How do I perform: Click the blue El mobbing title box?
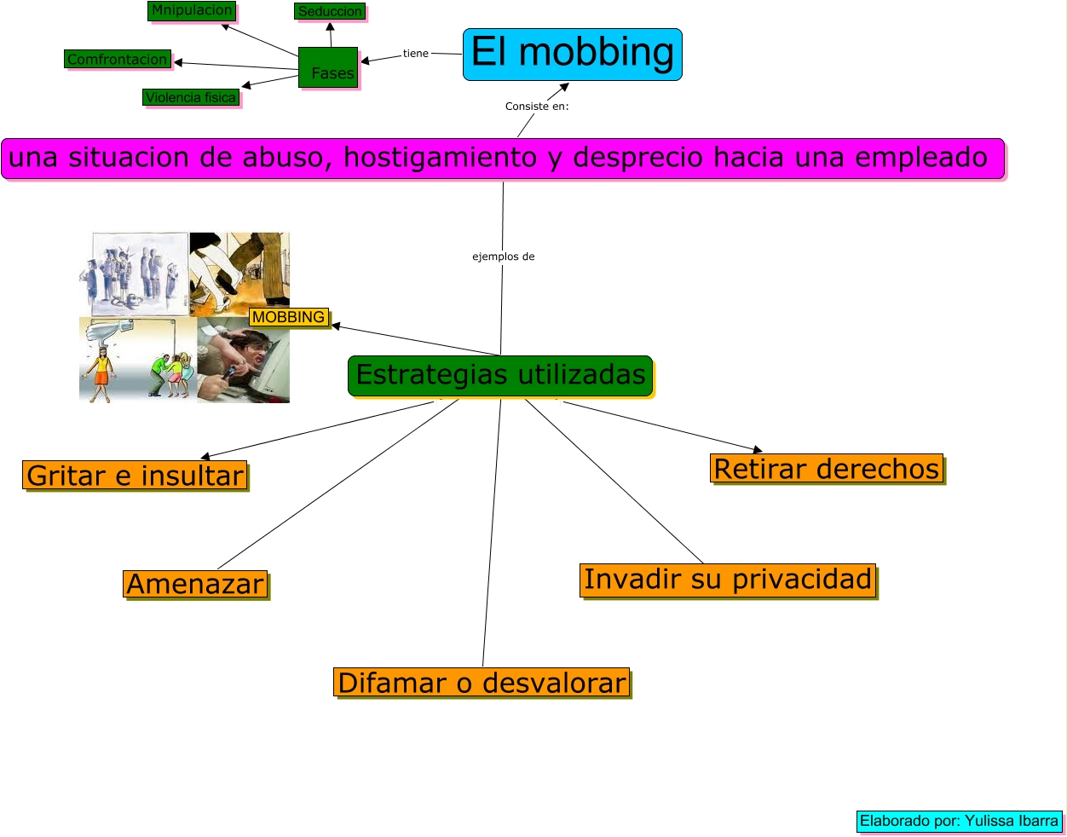pyautogui.click(x=572, y=54)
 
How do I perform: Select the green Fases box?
pyautogui.click(x=328, y=67)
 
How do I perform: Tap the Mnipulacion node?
pyautogui.click(x=192, y=11)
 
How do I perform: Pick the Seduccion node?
pyautogui.click(x=330, y=11)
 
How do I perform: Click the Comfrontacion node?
pyautogui.click(x=118, y=60)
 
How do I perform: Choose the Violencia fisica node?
pyautogui.click(x=190, y=97)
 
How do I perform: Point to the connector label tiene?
pyautogui.click(x=416, y=54)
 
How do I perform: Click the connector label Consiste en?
pyautogui.click(x=537, y=107)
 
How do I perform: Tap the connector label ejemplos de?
pyautogui.click(x=504, y=257)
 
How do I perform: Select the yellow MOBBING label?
pyautogui.click(x=288, y=317)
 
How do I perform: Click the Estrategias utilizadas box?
pyautogui.click(x=500, y=375)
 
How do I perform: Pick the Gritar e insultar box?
pyautogui.click(x=135, y=475)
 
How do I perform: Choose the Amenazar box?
pyautogui.click(x=195, y=584)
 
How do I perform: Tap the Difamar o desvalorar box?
pyautogui.click(x=482, y=683)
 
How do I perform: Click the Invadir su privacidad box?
pyautogui.click(x=728, y=580)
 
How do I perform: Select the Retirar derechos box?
pyautogui.click(x=827, y=469)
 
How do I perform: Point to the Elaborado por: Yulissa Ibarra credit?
pyautogui.click(x=959, y=821)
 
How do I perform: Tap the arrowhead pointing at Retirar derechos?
pyautogui.click(x=757, y=449)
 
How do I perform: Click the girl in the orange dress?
pyautogui.click(x=101, y=372)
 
